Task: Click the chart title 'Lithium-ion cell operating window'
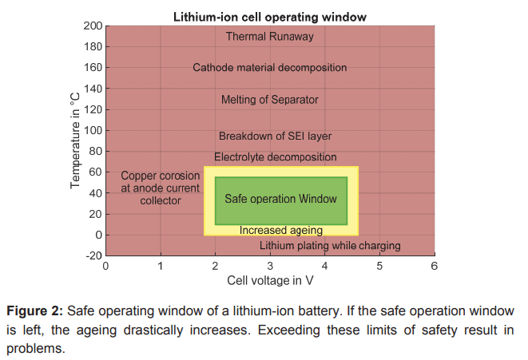[x=270, y=17]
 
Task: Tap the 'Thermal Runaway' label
[x=270, y=36]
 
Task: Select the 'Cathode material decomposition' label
[x=270, y=68]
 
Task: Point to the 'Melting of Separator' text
[x=270, y=100]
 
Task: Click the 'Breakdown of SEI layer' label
[x=275, y=136]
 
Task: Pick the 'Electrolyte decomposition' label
[x=276, y=157]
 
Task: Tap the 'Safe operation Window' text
[x=281, y=198]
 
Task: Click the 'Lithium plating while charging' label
[x=330, y=246]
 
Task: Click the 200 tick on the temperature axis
[x=93, y=26]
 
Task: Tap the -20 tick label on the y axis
[x=93, y=256]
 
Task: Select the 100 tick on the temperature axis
[x=93, y=131]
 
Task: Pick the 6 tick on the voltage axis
[x=435, y=266]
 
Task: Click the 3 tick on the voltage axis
[x=270, y=266]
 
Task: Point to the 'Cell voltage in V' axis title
[x=270, y=280]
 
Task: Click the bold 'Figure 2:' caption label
[x=32, y=310]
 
